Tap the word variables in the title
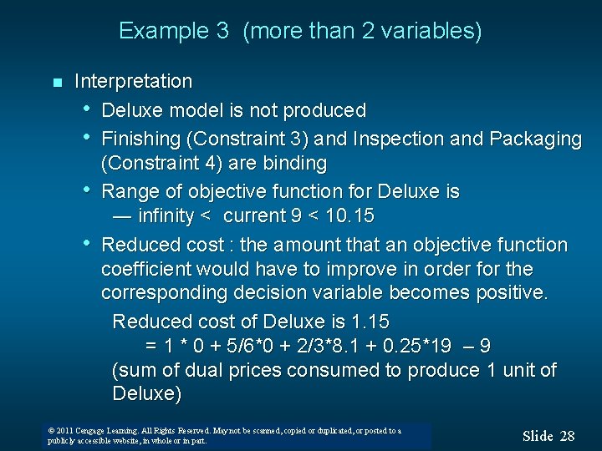tap(436, 32)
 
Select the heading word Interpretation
tap(133, 82)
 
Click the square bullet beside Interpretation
tap(56, 83)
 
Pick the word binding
tap(298, 162)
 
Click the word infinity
tap(166, 216)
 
